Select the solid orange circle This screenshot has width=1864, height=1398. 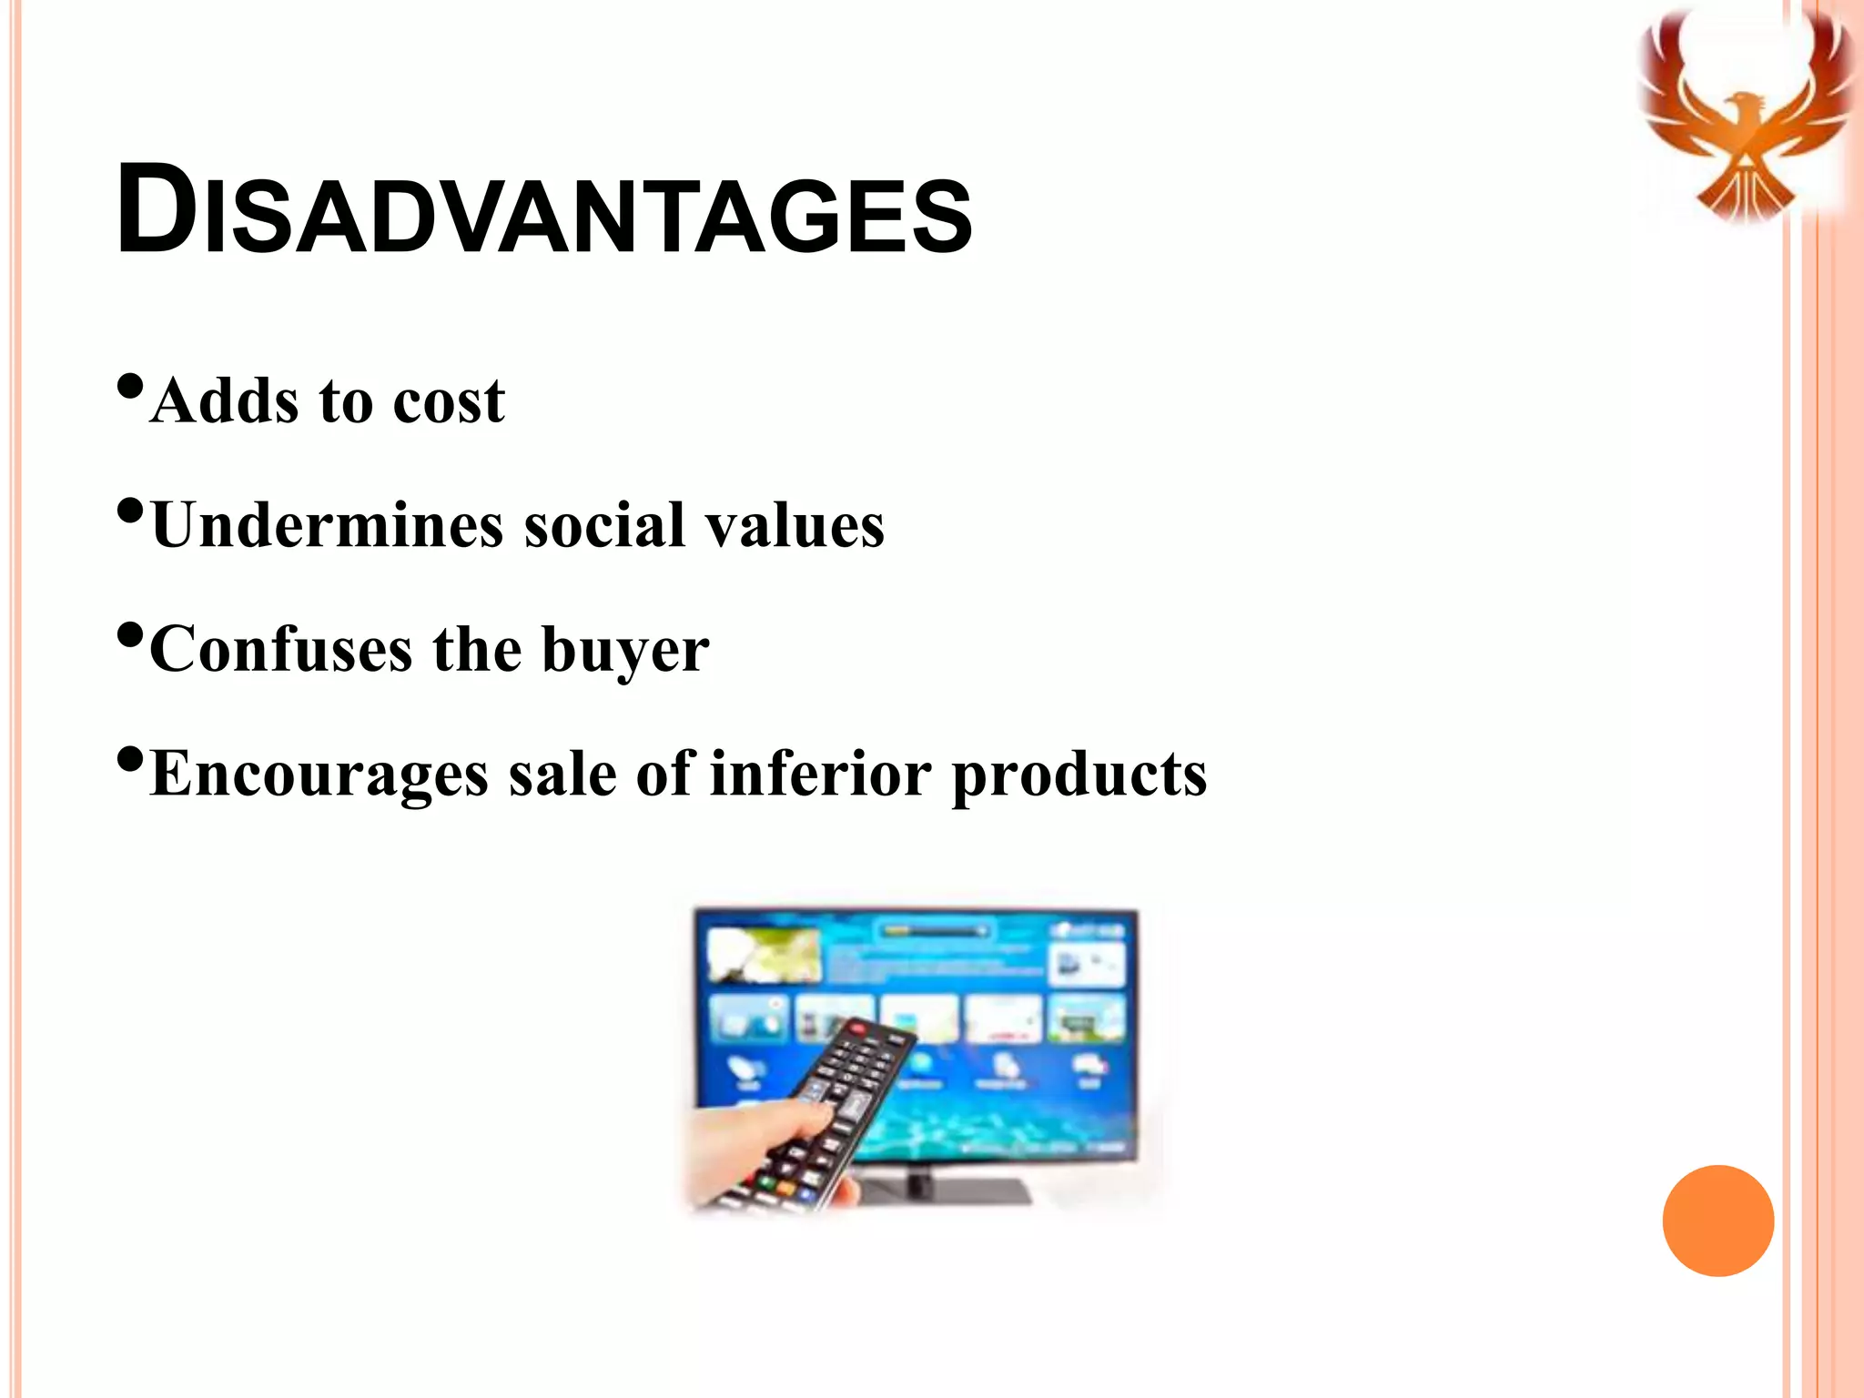pos(1717,1221)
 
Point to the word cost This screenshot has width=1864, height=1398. pos(448,402)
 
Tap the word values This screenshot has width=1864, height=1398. pos(795,525)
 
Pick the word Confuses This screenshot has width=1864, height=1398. pos(280,650)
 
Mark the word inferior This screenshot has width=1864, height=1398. pos(820,775)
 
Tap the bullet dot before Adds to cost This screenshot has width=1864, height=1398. pos(130,388)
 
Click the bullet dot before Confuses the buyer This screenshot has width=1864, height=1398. pos(130,635)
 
